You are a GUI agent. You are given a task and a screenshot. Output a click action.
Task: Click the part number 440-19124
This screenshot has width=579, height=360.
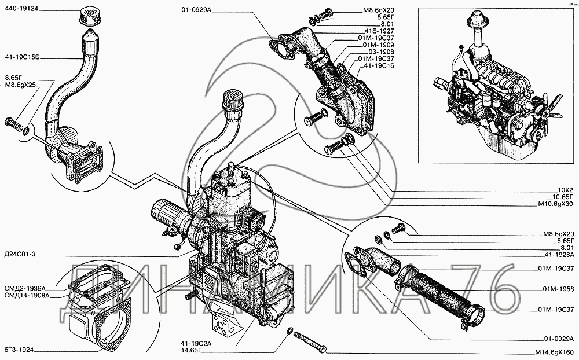click(22, 8)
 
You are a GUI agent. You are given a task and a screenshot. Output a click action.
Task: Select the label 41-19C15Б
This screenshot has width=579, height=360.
click(23, 58)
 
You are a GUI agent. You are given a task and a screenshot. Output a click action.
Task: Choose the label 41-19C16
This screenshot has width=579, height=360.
click(379, 66)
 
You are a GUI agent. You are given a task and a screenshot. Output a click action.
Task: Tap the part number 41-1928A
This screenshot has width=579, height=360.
click(559, 255)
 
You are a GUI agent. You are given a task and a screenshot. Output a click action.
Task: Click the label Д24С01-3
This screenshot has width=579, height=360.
click(21, 254)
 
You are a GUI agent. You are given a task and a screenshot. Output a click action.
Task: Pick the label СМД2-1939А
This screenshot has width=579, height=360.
click(25, 288)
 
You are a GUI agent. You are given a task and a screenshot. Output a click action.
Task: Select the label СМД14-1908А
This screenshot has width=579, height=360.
click(27, 295)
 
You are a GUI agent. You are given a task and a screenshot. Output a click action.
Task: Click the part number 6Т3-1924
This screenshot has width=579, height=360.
click(20, 349)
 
